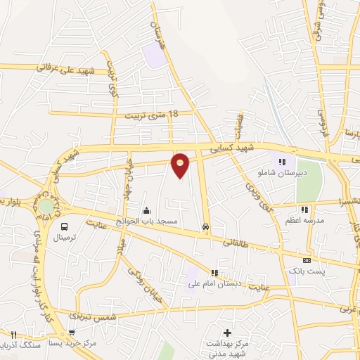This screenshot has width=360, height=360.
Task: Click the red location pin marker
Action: click(181, 165)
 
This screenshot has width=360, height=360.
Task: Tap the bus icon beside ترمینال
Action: click(65, 226)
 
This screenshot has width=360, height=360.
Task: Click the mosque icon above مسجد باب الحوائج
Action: click(146, 210)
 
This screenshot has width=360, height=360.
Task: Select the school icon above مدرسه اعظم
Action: click(304, 209)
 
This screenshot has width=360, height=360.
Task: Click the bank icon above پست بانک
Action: click(306, 259)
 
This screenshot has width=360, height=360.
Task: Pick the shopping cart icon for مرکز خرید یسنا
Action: click(72, 333)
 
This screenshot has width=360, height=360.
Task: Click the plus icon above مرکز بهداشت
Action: click(227, 332)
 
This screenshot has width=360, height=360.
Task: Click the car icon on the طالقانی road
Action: click(205, 227)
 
